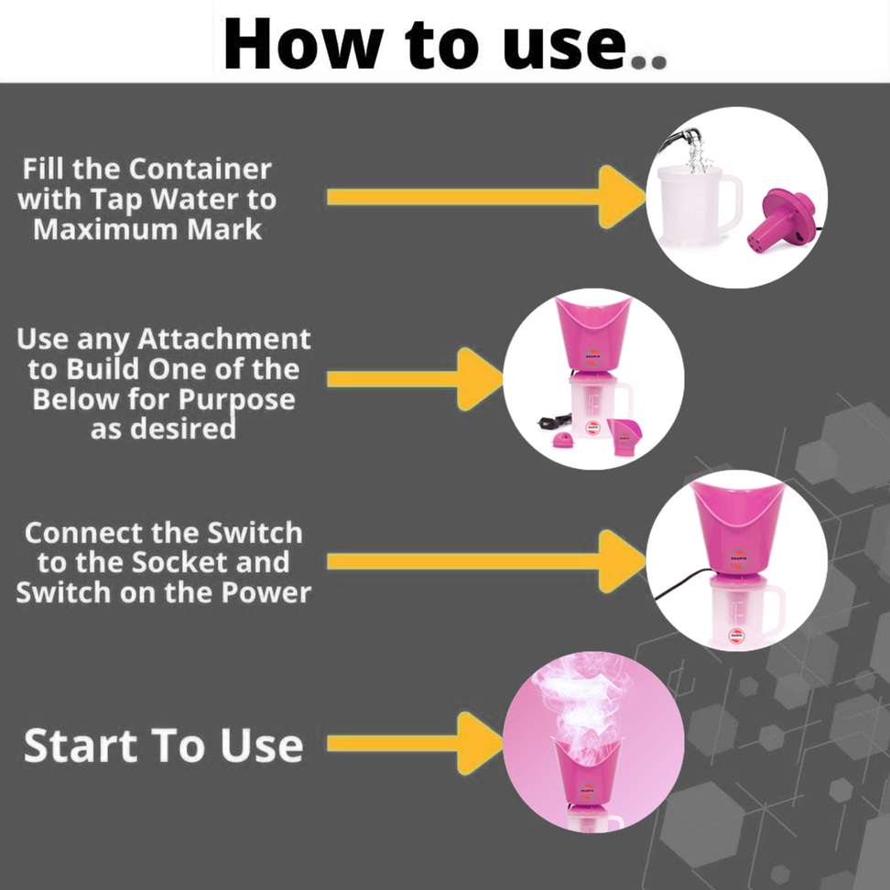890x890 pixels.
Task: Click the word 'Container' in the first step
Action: [200, 168]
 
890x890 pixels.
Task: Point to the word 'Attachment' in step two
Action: [224, 340]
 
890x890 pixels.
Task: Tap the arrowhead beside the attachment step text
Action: [478, 379]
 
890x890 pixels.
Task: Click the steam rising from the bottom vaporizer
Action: [587, 700]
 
